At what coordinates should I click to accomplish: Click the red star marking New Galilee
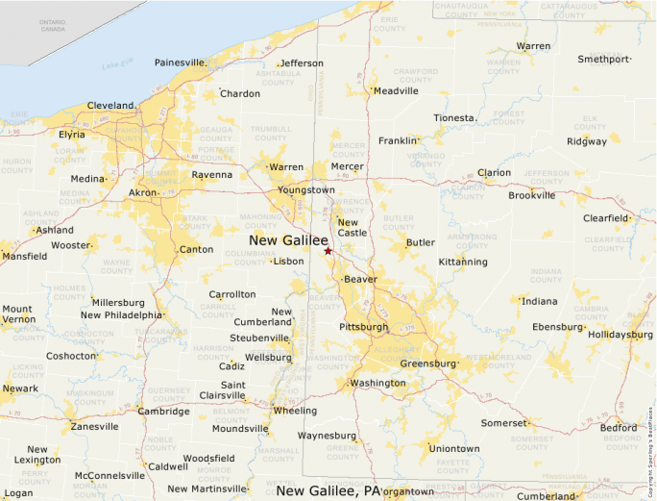point(328,251)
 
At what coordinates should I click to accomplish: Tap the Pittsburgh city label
point(363,327)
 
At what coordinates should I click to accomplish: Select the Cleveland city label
point(110,105)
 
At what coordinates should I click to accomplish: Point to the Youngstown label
point(306,189)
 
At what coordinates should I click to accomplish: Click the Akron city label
point(143,192)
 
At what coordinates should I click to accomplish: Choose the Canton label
point(196,250)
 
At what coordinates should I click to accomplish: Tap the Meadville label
point(396,90)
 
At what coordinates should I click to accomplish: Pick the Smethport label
point(602,60)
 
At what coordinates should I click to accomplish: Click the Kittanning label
point(462,262)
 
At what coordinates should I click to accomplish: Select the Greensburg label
point(427,363)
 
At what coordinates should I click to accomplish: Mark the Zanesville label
point(94,426)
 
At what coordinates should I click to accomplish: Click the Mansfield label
point(23,257)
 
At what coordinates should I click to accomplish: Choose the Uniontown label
point(453,448)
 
